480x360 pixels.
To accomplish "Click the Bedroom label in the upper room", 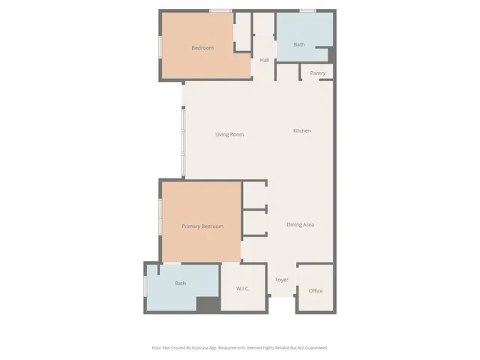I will click(x=202, y=48).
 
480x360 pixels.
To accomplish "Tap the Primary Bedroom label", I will click(x=202, y=226).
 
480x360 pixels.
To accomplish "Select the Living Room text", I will click(x=229, y=134).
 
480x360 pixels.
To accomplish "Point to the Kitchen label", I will click(x=301, y=130).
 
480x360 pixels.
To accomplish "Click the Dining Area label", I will click(x=300, y=224).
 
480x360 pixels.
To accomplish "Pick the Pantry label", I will click(x=317, y=73).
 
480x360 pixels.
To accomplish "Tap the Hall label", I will click(x=264, y=60).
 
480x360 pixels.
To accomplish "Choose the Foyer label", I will click(x=282, y=280).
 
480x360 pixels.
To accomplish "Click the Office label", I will click(x=316, y=291).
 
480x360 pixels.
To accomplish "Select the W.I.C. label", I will click(x=242, y=289).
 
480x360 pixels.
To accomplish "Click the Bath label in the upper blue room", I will click(x=299, y=45).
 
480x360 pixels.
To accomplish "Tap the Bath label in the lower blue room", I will click(x=180, y=283).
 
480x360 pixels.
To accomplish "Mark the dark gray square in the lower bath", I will click(x=208, y=304).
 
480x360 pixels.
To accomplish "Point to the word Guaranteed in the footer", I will click(x=315, y=347).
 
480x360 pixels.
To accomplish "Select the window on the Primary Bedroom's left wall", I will click(x=160, y=218).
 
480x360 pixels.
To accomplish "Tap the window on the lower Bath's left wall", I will click(x=145, y=286).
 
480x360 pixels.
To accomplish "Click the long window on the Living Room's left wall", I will click(x=183, y=142).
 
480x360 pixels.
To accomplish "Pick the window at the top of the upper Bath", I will click(x=307, y=11).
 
